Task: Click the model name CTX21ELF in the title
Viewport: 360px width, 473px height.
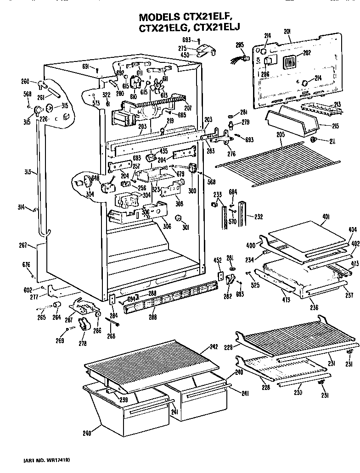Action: [215, 17]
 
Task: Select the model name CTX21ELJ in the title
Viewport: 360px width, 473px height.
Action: [219, 28]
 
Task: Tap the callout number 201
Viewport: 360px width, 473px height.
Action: [288, 32]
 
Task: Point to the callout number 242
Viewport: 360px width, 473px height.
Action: [213, 347]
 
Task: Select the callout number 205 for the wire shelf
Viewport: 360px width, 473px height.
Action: [281, 134]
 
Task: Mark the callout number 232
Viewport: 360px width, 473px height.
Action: [259, 217]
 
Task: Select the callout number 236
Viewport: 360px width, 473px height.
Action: [314, 308]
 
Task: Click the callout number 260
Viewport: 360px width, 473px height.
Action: [25, 82]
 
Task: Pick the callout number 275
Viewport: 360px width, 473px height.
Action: [182, 48]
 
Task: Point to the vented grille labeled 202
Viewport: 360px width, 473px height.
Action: [289, 62]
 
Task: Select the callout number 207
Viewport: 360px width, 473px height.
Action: [187, 108]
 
